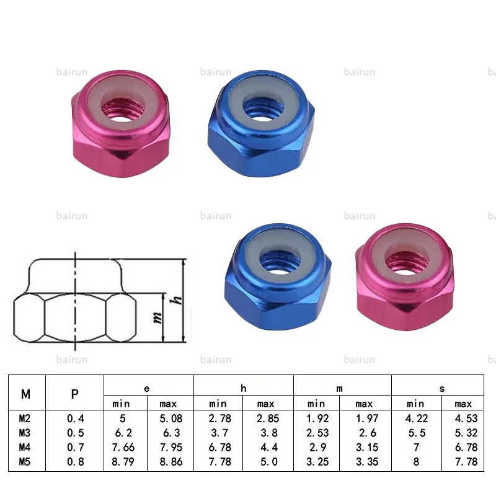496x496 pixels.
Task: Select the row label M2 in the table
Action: (x=25, y=418)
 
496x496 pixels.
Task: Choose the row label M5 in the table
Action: (x=25, y=461)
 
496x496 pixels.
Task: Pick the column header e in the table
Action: (x=147, y=388)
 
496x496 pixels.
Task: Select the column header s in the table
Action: (x=441, y=388)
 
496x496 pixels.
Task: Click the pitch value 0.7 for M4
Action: (x=74, y=447)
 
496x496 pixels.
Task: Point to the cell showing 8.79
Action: (x=125, y=461)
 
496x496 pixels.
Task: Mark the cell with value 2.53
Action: (x=316, y=433)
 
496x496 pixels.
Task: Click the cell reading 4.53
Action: (x=464, y=418)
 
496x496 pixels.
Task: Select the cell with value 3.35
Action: (x=365, y=461)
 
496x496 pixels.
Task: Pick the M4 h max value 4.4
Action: (x=266, y=447)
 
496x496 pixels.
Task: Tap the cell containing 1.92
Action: (x=316, y=418)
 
